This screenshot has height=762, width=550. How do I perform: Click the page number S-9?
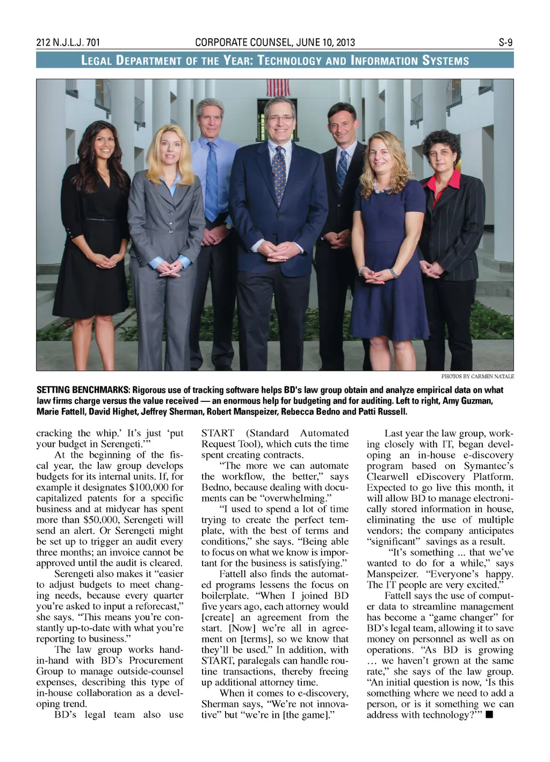[505, 42]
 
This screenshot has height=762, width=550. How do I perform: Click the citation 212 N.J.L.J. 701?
[68, 42]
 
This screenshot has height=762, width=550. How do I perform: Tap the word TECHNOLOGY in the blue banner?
[292, 60]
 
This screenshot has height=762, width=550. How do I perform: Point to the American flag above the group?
[278, 87]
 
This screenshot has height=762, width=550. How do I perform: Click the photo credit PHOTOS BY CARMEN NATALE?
[477, 376]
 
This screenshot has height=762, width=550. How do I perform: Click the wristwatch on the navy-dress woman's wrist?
[395, 272]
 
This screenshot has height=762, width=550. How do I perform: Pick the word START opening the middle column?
[218, 433]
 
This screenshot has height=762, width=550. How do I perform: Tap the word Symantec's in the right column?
[488, 466]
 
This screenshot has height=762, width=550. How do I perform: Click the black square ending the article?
[489, 715]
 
